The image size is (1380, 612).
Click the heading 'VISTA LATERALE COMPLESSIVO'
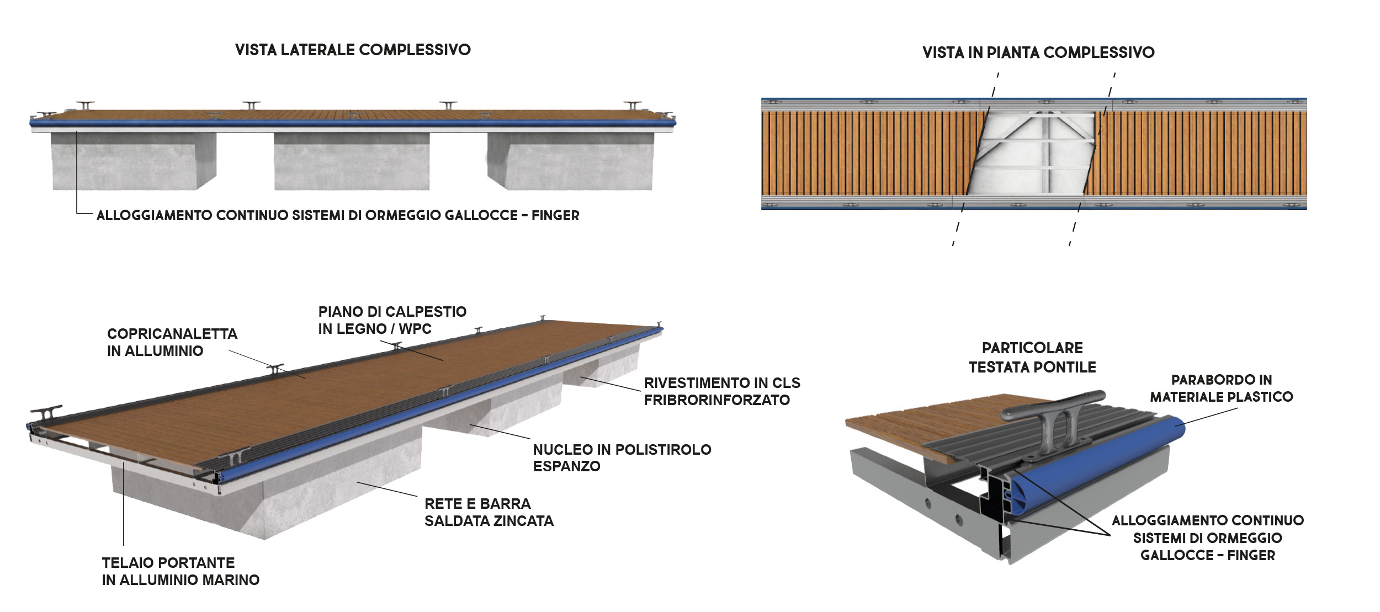(x=353, y=50)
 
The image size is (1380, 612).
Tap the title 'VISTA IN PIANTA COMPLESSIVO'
(x=1038, y=52)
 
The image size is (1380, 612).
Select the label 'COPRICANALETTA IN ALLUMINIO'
(x=172, y=342)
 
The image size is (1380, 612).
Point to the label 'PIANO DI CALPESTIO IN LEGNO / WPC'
(x=392, y=320)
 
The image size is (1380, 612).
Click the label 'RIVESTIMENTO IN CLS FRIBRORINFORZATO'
(x=722, y=391)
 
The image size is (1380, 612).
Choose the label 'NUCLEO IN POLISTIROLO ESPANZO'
(x=622, y=457)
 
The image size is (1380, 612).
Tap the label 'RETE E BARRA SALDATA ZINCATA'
(x=489, y=512)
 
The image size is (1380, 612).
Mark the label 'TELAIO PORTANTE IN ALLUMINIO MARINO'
(x=181, y=571)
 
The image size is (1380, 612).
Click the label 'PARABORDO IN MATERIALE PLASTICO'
(x=1222, y=388)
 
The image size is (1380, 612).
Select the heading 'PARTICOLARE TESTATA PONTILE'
(x=1032, y=358)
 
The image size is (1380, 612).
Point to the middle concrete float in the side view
(x=352, y=161)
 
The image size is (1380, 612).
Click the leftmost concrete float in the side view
(x=134, y=161)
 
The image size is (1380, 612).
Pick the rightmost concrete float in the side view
(x=570, y=161)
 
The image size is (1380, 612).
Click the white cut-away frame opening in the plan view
(x=1031, y=153)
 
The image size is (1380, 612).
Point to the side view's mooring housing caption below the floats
(x=338, y=215)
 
